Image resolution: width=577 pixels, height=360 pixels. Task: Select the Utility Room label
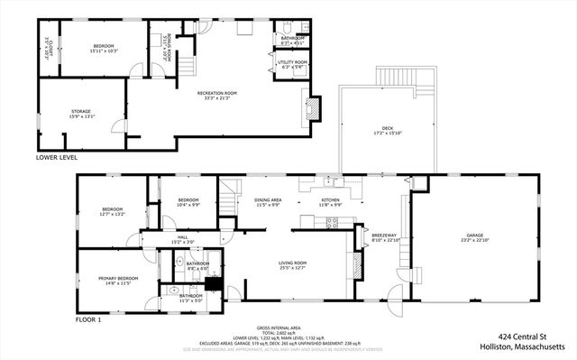pyautogui.click(x=292, y=63)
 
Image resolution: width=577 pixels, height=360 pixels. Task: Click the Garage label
pyautogui.click(x=474, y=235)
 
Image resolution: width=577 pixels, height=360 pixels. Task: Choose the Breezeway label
pyautogui.click(x=383, y=237)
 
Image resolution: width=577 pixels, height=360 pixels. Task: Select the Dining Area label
pyautogui.click(x=268, y=201)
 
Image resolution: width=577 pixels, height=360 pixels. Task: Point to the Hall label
pyautogui.click(x=182, y=239)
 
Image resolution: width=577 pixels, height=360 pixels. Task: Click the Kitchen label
pyautogui.click(x=331, y=201)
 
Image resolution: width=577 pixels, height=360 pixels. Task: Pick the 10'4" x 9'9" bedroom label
pyautogui.click(x=188, y=201)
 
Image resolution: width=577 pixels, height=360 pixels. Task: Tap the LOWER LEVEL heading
pyautogui.click(x=56, y=157)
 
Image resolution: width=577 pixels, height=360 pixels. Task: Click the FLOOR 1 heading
pyautogui.click(x=87, y=319)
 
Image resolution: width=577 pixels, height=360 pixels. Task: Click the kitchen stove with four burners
pyautogui.click(x=332, y=222)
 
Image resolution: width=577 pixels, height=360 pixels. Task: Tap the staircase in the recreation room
pyautogui.click(x=188, y=67)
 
